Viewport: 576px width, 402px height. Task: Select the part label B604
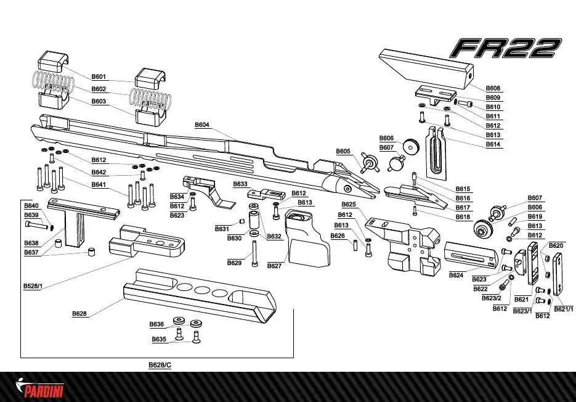pyautogui.click(x=203, y=125)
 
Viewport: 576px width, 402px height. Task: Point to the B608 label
pyautogui.click(x=493, y=89)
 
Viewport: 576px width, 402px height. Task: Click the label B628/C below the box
pyautogui.click(x=160, y=365)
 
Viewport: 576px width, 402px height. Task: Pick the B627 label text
pyautogui.click(x=274, y=266)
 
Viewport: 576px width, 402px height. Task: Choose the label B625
pyautogui.click(x=349, y=204)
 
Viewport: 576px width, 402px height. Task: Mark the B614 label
pyautogui.click(x=493, y=144)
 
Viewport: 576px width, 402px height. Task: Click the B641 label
pyautogui.click(x=99, y=184)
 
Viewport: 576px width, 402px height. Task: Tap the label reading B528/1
pyautogui.click(x=33, y=286)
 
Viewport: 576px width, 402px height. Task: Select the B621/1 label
pyautogui.click(x=564, y=309)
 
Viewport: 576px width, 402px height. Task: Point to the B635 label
pyautogui.click(x=159, y=339)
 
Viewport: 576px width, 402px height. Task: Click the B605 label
pyautogui.click(x=343, y=151)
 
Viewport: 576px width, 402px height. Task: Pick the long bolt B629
pyautogui.click(x=254, y=253)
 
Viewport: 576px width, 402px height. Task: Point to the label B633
pyautogui.click(x=240, y=184)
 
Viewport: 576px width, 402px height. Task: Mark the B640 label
pyautogui.click(x=31, y=205)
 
